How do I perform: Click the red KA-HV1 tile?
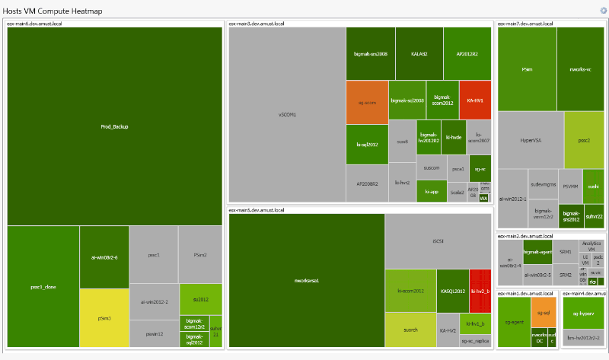(475, 100)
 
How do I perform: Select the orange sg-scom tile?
(367, 102)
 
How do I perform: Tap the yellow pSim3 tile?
(104, 318)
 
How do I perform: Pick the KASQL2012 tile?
(453, 291)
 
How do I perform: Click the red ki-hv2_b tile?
(479, 291)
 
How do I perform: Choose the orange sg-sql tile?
(543, 312)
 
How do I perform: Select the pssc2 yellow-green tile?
(584, 140)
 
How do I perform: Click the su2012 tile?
(200, 298)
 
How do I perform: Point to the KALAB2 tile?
(419, 54)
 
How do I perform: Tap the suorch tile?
(410, 330)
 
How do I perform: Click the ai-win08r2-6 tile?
(104, 257)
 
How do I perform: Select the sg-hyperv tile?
(583, 312)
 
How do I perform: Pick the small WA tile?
(483, 199)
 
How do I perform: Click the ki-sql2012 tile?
(367, 144)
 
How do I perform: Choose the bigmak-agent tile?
(537, 251)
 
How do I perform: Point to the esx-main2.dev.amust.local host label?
(525, 236)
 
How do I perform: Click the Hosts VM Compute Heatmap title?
(53, 11)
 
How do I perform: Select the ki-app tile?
(432, 192)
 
